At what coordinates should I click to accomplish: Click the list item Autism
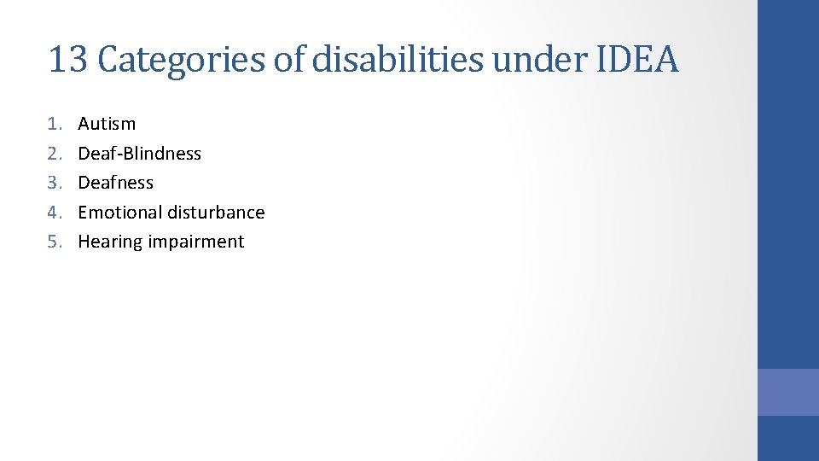(x=107, y=124)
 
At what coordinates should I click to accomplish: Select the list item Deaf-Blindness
(x=139, y=154)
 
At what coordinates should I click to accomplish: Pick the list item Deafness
(x=115, y=183)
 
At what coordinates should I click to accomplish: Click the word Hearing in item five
(x=110, y=242)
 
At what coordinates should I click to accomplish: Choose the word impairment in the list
(x=196, y=242)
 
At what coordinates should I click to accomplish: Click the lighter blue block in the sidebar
(x=788, y=392)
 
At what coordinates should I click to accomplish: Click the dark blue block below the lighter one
(x=788, y=439)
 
